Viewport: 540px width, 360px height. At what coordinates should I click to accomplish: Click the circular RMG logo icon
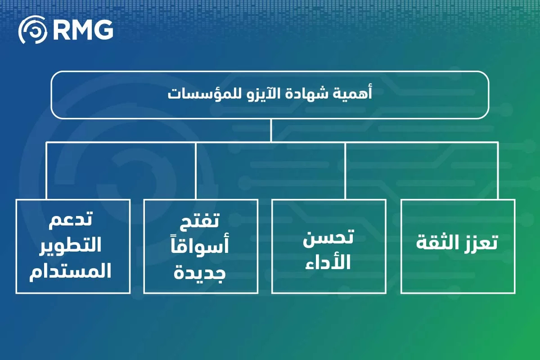[x=32, y=30]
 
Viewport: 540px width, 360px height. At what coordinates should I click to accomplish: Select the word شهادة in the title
[x=321, y=95]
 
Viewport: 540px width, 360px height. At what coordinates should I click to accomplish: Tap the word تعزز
[x=480, y=243]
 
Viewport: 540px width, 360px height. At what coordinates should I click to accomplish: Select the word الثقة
[x=436, y=243]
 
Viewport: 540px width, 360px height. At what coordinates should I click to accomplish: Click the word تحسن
[x=328, y=237]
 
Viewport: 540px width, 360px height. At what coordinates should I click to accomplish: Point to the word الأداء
[x=329, y=262]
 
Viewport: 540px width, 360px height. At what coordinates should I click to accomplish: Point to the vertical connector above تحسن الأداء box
[x=345, y=171]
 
